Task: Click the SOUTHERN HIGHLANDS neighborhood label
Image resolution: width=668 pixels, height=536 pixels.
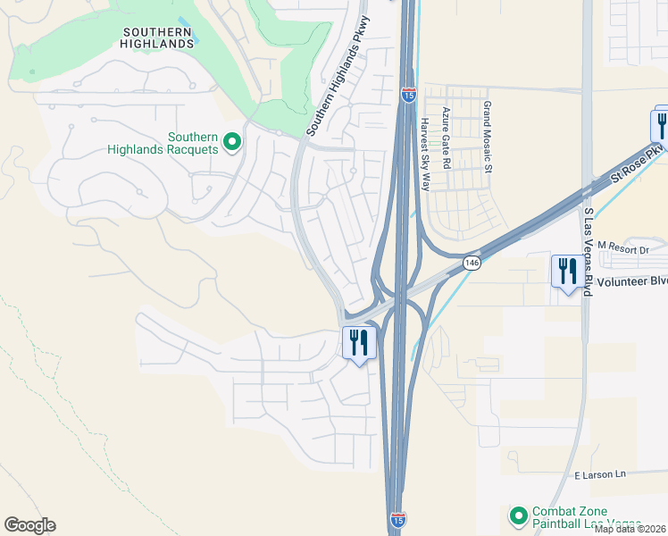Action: (158, 37)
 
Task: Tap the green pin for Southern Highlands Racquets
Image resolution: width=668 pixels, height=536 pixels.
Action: (232, 142)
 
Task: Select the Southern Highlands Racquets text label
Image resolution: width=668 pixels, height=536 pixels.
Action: (163, 143)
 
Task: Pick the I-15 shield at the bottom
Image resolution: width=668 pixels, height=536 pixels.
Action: (399, 519)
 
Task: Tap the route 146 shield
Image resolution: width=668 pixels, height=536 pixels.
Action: (472, 263)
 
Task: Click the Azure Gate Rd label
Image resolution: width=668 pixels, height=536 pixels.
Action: (447, 138)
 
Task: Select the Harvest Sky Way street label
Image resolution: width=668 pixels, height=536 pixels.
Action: (425, 154)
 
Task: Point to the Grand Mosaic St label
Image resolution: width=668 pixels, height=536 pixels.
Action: (488, 137)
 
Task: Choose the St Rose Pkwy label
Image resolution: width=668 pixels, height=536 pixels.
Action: (638, 165)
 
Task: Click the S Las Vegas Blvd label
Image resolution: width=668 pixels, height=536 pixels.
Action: (589, 252)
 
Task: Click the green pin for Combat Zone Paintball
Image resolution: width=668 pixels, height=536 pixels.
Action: (518, 516)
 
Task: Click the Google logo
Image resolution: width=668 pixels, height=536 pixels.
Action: (29, 525)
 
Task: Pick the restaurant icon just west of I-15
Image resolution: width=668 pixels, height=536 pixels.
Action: (359, 343)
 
